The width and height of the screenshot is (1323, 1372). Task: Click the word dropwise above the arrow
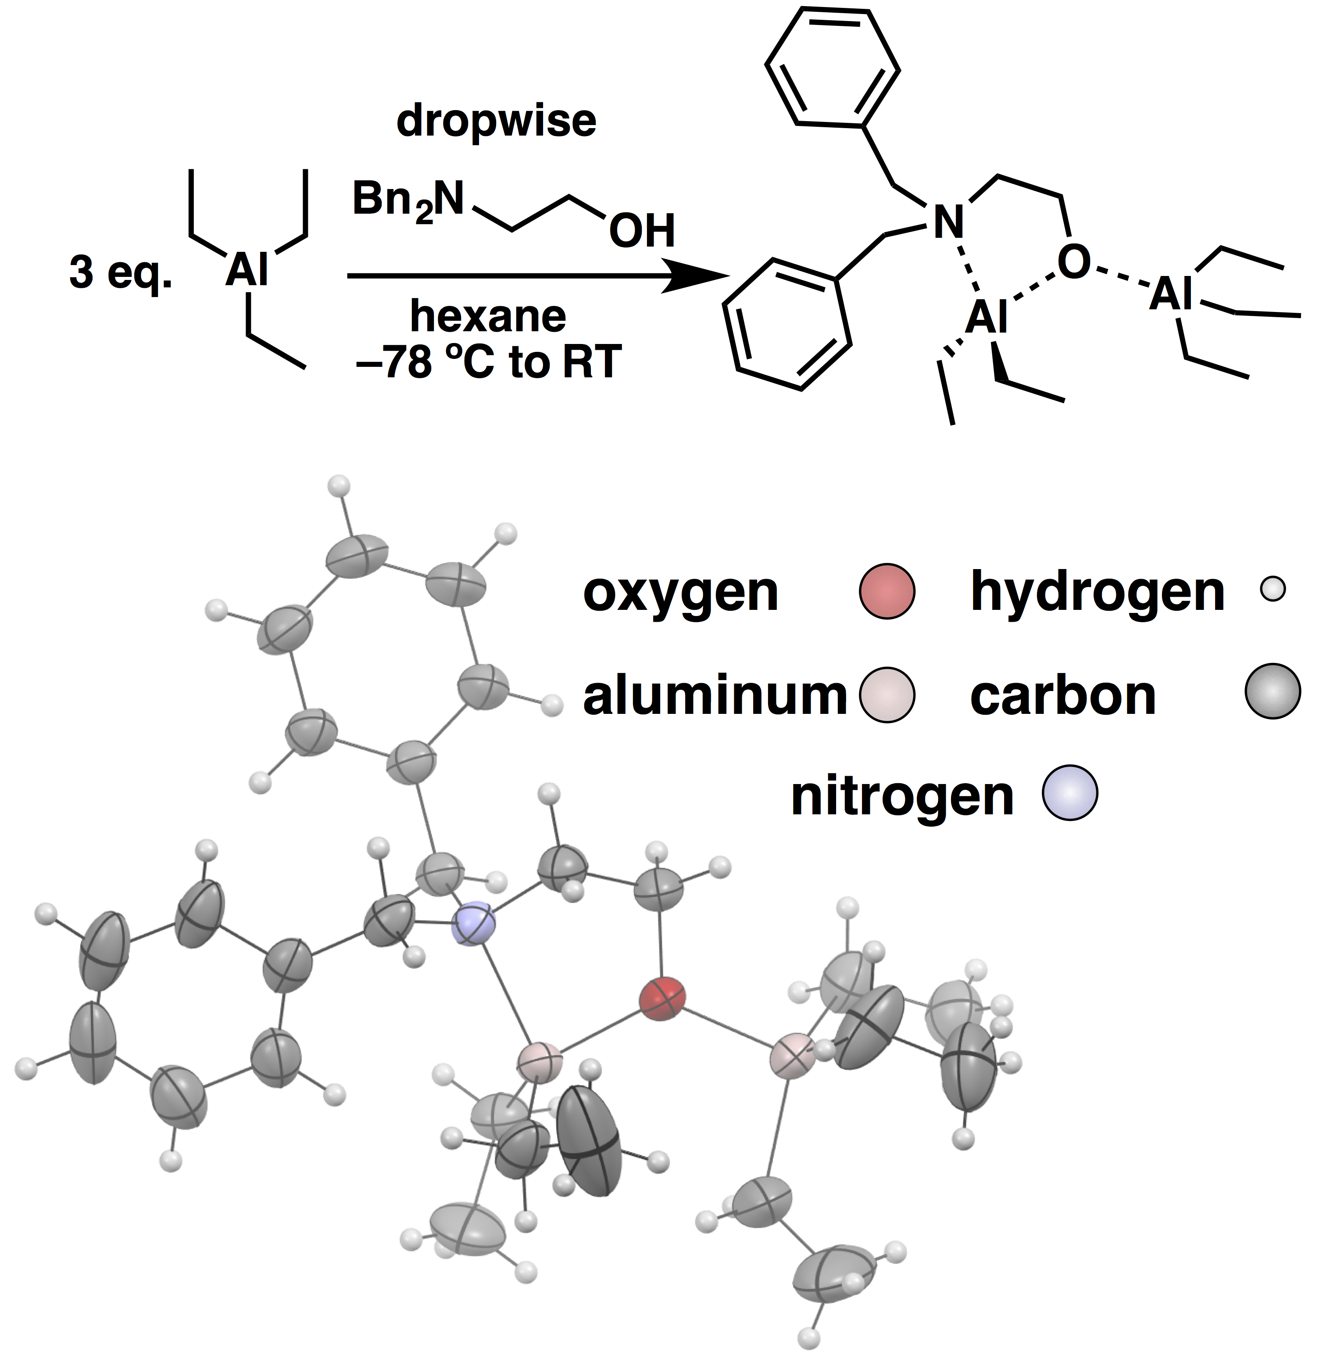click(x=496, y=121)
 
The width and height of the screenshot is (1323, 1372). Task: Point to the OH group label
click(x=641, y=230)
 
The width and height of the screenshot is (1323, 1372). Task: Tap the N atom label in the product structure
click(x=948, y=222)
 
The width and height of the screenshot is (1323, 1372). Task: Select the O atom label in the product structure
click(x=1073, y=262)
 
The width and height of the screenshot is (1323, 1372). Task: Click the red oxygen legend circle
click(x=887, y=591)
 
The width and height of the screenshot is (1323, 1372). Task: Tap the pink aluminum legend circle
click(x=887, y=695)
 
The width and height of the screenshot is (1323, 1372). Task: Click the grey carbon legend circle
click(x=1272, y=691)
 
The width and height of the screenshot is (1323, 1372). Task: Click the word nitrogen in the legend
click(x=901, y=797)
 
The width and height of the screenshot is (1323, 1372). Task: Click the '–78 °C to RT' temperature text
click(x=488, y=361)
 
